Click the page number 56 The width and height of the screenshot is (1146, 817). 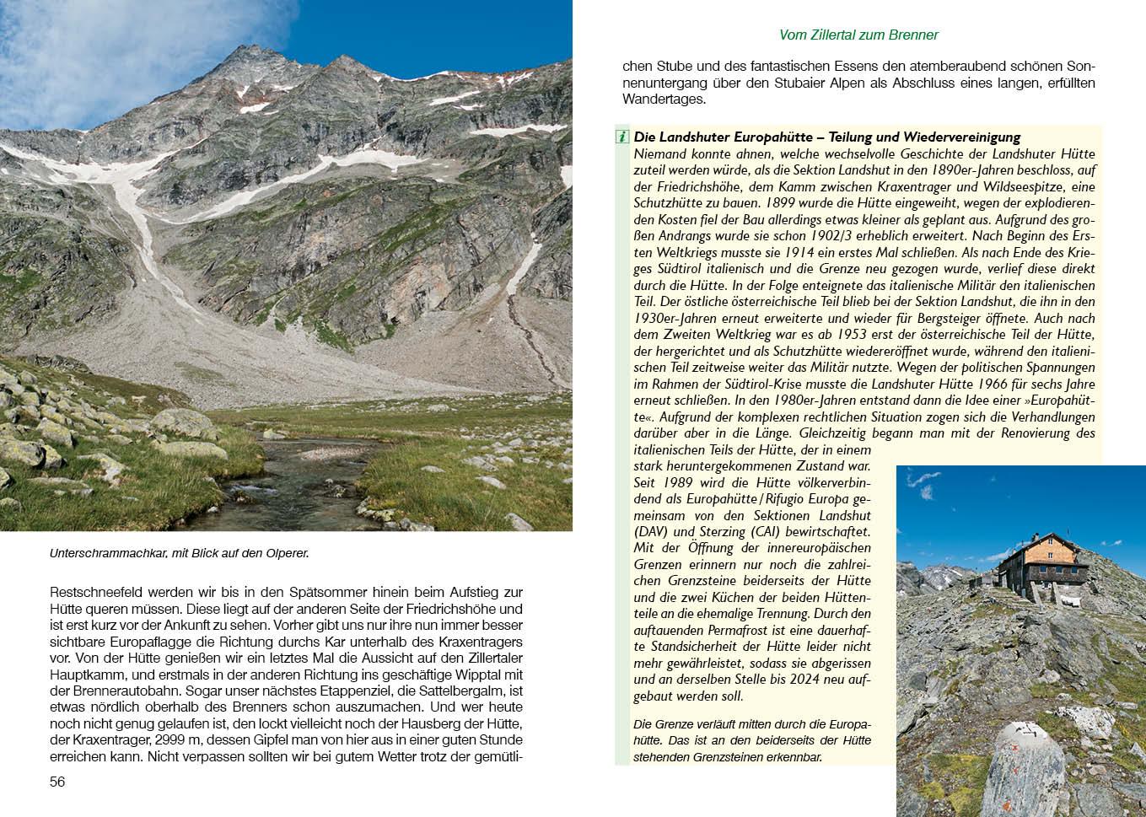57,782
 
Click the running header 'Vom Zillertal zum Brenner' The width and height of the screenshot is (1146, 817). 858,35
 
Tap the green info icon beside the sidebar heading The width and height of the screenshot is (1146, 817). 622,137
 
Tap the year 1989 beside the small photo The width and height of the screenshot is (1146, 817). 677,482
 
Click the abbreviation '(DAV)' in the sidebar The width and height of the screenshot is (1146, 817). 650,532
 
